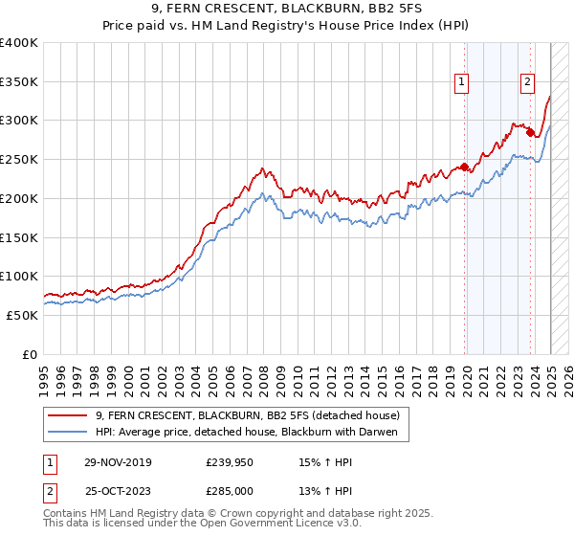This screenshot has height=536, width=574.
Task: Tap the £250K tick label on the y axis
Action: pyautogui.click(x=18, y=159)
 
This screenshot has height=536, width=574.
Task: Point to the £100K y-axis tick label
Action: pyautogui.click(x=18, y=276)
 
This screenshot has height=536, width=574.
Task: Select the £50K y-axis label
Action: pyautogui.click(x=22, y=315)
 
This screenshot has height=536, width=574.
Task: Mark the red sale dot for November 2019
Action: pyautogui.click(x=465, y=167)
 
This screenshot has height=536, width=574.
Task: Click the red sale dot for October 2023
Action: pyautogui.click(x=530, y=132)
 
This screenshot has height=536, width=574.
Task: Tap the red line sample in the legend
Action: pyautogui.click(x=68, y=415)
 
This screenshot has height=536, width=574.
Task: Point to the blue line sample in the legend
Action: pyautogui.click(x=68, y=433)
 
